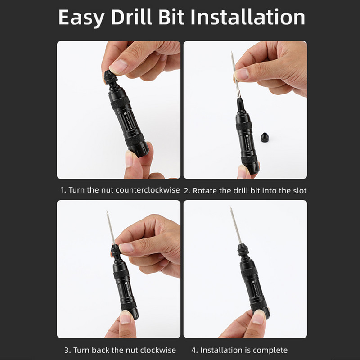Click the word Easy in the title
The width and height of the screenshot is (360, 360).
point(81,18)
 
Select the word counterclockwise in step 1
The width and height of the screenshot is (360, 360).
point(148,190)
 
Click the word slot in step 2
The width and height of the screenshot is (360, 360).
point(300,190)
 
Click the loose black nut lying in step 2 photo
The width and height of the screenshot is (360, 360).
point(265,137)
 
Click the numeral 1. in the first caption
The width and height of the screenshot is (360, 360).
point(63,190)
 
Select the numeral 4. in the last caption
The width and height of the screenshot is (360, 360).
point(194,351)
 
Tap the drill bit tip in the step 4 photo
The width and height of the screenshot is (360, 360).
point(230,207)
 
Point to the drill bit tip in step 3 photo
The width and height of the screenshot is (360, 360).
point(107,211)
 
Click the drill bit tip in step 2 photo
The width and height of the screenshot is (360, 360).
point(232,52)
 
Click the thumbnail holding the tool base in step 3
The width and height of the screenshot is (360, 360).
point(126,317)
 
